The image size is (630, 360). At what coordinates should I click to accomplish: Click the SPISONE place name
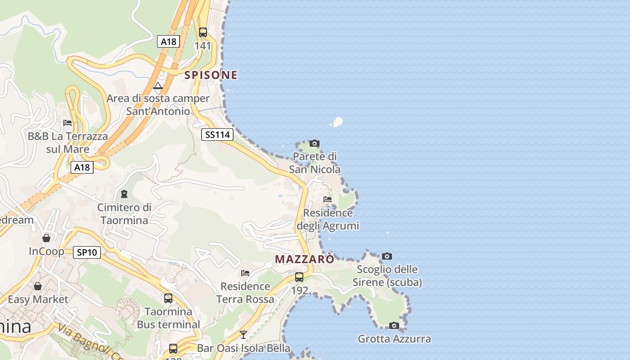tap(211, 75)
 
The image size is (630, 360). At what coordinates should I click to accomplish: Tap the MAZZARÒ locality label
tap(305, 260)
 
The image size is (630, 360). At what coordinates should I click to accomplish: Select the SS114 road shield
tap(217, 135)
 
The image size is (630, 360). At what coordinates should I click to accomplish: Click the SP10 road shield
tap(87, 252)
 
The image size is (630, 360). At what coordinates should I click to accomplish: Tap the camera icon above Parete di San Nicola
tap(315, 144)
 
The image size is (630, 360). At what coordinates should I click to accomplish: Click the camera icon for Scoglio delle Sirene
tap(387, 256)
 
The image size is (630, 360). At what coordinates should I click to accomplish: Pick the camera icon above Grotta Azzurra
tap(394, 325)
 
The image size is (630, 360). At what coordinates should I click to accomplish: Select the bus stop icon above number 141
tap(203, 32)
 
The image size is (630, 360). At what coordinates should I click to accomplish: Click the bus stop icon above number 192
tap(299, 277)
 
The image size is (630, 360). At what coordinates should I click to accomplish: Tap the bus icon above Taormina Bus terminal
tap(168, 298)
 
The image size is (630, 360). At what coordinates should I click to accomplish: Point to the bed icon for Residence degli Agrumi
tap(328, 199)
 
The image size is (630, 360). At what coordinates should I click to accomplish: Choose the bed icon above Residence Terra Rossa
tap(245, 273)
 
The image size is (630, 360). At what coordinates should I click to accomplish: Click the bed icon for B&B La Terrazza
tap(67, 122)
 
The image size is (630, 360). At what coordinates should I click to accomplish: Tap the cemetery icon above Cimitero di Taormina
tap(124, 194)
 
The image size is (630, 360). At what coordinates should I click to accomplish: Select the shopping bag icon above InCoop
tap(46, 238)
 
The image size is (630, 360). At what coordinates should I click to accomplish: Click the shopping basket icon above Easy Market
tap(38, 286)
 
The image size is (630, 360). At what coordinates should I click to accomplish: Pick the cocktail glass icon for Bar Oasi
tap(243, 334)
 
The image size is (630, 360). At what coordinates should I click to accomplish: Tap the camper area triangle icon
tap(158, 85)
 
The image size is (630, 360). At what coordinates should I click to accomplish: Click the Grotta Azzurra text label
tap(394, 339)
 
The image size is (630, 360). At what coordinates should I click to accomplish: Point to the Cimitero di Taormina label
tap(125, 214)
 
